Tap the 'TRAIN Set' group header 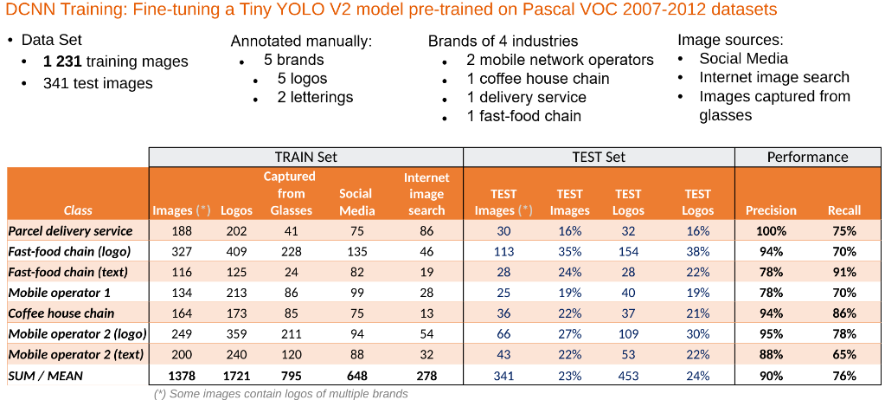click(x=305, y=158)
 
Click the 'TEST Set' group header click(x=599, y=158)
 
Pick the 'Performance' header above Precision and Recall click(x=808, y=158)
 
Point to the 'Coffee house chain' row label click(x=61, y=313)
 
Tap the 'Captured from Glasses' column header click(x=291, y=193)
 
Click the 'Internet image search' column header click(x=426, y=194)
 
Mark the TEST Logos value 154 click(x=628, y=252)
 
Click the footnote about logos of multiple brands click(x=280, y=394)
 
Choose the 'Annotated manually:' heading click(x=300, y=41)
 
